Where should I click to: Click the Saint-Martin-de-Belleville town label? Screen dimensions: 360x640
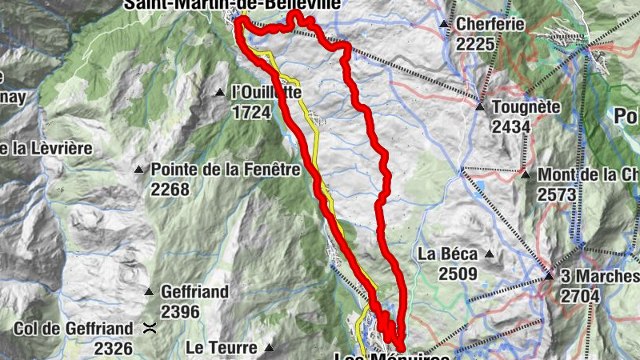pyautogui.click(x=231, y=5)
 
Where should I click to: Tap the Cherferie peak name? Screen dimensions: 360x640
pyautogui.click(x=490, y=25)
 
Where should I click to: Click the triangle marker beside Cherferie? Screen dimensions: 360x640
pyautogui.click(x=444, y=25)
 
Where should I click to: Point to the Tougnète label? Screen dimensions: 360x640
pyautogui.click(x=526, y=106)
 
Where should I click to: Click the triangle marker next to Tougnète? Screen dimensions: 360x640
pyautogui.click(x=480, y=106)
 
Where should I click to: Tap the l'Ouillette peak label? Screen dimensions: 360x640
pyautogui.click(x=266, y=94)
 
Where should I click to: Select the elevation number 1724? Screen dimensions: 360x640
pyautogui.click(x=250, y=113)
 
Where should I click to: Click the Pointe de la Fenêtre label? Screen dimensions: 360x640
pyautogui.click(x=225, y=170)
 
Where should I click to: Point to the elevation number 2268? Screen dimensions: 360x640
pyautogui.click(x=170, y=190)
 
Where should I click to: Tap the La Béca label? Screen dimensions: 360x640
pyautogui.click(x=448, y=254)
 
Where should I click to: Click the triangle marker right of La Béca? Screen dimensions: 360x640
pyautogui.click(x=490, y=254)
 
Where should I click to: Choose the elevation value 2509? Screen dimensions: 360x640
pyautogui.click(x=457, y=274)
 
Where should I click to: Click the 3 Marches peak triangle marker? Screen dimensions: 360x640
pyautogui.click(x=549, y=276)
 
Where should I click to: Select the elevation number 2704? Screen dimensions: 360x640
pyautogui.click(x=581, y=296)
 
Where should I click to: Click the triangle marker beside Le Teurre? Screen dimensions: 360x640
pyautogui.click(x=269, y=348)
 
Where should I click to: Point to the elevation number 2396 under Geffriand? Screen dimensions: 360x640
pyautogui.click(x=180, y=312)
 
